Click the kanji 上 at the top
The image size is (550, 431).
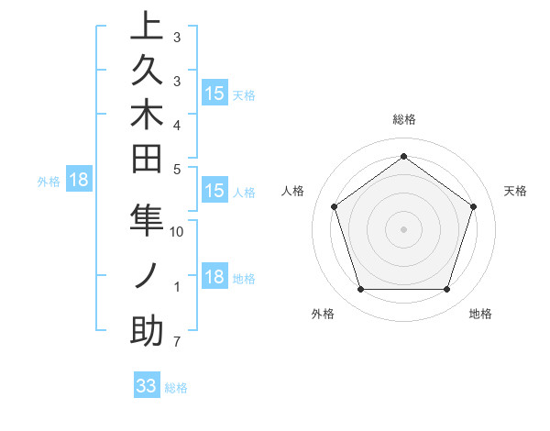click(x=147, y=28)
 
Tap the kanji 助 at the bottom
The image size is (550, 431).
click(x=147, y=330)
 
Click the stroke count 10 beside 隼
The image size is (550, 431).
click(x=177, y=232)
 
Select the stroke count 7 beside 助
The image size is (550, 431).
click(x=176, y=343)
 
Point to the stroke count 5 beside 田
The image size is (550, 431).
click(x=176, y=169)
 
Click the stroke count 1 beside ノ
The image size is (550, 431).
click(x=176, y=287)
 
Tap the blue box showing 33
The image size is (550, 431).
click(x=147, y=386)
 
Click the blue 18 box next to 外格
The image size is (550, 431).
click(x=79, y=180)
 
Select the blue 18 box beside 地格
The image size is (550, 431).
click(x=214, y=278)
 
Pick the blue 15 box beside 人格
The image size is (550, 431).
click(x=214, y=192)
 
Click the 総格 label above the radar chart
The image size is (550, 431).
click(x=404, y=119)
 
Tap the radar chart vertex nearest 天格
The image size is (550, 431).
click(x=474, y=207)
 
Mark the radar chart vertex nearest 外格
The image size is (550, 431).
click(x=360, y=290)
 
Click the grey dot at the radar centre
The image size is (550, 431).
click(x=403, y=229)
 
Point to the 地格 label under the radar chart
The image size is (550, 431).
click(x=480, y=314)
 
